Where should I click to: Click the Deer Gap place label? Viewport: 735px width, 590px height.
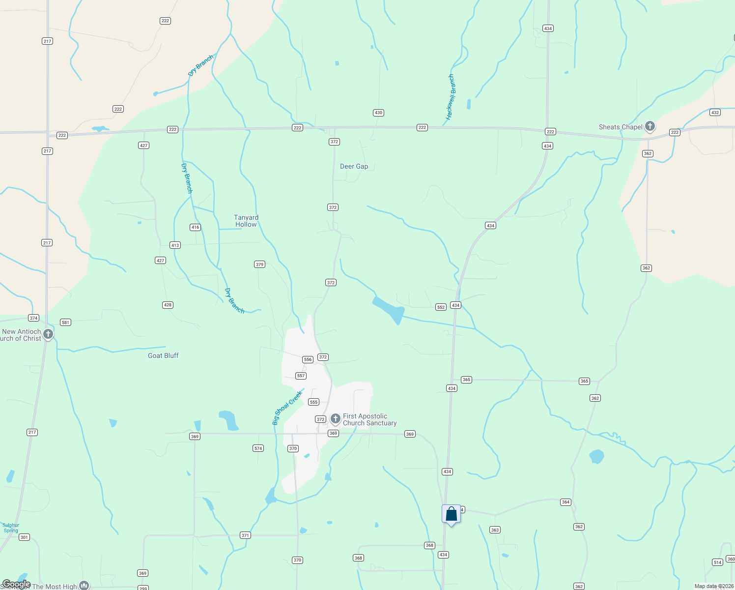point(354,166)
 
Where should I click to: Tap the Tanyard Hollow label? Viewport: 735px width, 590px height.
point(246,221)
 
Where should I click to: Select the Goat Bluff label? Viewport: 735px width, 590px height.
point(163,355)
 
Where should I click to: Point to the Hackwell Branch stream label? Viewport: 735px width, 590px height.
point(451,97)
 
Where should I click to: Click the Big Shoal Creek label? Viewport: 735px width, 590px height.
point(287,408)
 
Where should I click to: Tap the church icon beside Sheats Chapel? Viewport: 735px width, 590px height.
point(650,126)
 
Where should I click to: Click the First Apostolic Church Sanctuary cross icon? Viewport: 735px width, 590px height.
point(336,419)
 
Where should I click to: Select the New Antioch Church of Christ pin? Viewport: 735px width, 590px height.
point(48,334)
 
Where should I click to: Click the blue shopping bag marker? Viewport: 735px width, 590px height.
point(451,514)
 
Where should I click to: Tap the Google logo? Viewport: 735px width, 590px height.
point(16,584)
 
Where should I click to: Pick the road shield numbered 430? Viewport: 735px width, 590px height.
point(378,113)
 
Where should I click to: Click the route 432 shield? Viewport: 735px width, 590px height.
point(715,113)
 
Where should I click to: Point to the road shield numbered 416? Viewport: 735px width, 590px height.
point(195,227)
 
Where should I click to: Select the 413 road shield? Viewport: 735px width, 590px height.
point(175,245)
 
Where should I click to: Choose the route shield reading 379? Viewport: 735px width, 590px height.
point(259,265)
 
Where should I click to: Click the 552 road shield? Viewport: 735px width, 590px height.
point(441,307)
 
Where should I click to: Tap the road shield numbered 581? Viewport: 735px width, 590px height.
point(65,323)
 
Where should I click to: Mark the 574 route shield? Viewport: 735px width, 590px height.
point(258,448)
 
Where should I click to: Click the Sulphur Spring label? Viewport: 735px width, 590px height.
point(11,528)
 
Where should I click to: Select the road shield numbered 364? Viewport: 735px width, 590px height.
point(565,502)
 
